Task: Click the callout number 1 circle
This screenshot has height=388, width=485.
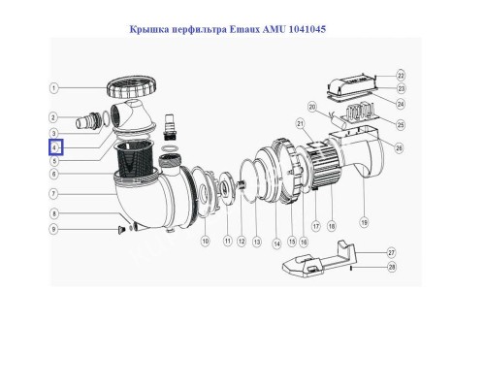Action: click(55, 88)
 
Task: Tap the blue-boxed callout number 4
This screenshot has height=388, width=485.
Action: click(55, 147)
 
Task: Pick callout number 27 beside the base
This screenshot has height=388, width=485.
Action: click(391, 251)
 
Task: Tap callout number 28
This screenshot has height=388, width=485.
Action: click(391, 267)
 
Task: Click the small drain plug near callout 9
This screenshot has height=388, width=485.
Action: click(122, 229)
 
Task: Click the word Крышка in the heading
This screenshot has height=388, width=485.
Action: click(149, 30)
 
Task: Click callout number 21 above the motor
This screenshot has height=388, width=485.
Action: click(300, 123)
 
